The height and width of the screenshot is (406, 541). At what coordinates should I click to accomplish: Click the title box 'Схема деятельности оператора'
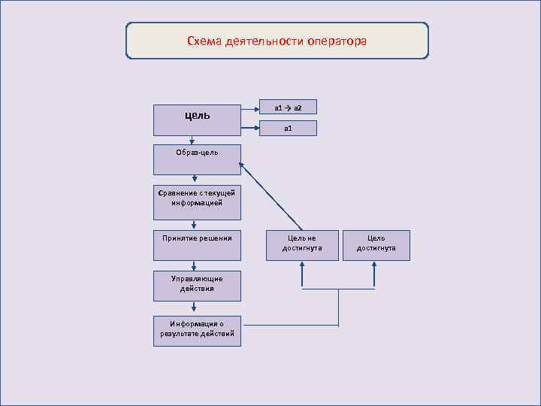pos(277,41)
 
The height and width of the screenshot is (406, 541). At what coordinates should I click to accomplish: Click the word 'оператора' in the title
pos(337,41)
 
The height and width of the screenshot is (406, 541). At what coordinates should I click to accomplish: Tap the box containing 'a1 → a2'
pos(288,108)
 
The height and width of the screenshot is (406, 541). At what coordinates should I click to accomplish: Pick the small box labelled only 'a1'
pos(288,129)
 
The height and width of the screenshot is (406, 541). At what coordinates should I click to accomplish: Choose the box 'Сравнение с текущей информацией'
pos(197,198)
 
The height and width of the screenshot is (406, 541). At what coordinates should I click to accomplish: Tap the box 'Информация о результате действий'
pos(197,330)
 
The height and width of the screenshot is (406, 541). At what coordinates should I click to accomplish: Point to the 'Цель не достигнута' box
pos(302,245)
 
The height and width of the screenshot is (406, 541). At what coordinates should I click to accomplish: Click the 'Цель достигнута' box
pos(376,245)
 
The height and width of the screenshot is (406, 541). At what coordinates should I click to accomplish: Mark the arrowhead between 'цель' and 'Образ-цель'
pos(195,140)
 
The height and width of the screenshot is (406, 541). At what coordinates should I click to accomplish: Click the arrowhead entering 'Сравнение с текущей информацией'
pos(195,180)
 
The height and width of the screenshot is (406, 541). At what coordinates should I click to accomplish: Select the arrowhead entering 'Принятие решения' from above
pos(195,225)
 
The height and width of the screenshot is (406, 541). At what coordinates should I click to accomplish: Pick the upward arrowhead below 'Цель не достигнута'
pos(302,265)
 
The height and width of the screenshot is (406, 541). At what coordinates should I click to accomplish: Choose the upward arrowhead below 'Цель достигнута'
pos(375,265)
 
